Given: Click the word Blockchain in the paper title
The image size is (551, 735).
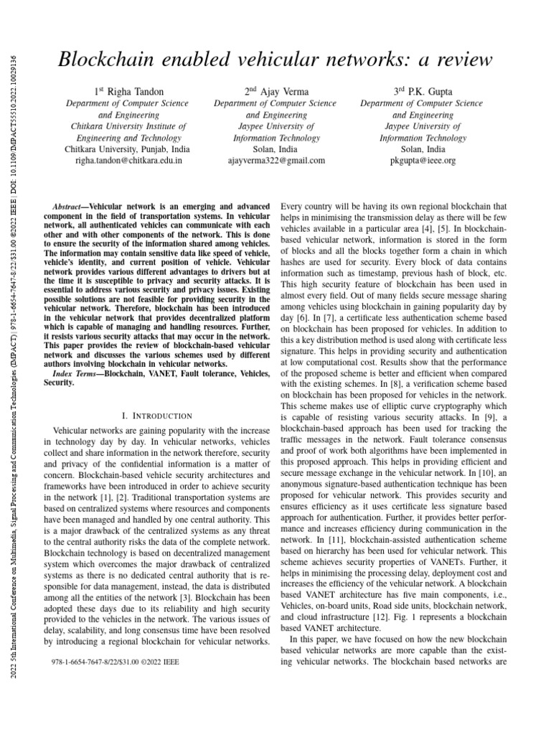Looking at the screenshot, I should click(x=105, y=60).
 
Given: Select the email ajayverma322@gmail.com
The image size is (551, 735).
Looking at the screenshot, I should click(x=277, y=161).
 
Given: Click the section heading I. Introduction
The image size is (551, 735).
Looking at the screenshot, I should click(x=157, y=416).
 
